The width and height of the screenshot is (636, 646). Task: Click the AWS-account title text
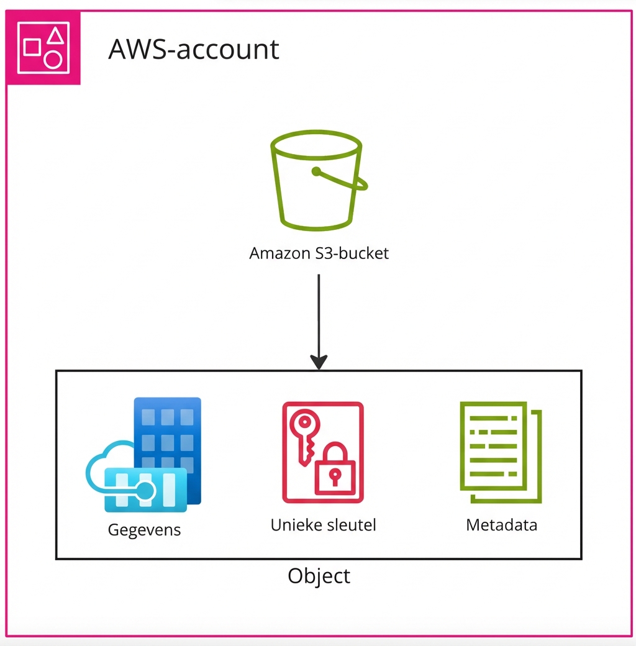pos(194,49)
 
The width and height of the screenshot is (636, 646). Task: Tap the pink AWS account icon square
pos(43,47)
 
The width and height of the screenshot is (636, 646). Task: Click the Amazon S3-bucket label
pos(319,253)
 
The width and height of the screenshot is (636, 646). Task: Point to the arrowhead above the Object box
pos(319,362)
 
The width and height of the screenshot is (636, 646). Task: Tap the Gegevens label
pos(144,530)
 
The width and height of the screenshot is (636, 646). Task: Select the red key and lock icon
pos(323,452)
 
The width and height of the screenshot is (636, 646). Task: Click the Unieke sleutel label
pos(323,525)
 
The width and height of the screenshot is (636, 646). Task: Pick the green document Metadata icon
pos(501,452)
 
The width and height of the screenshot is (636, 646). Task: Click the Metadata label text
pos(501,525)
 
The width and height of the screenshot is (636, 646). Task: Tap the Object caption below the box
pos(319,576)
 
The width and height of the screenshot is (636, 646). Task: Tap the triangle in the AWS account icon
pos(56,35)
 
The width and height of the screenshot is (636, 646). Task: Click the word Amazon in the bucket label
pos(278,253)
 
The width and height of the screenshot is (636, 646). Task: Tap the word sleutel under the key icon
pos(351,525)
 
